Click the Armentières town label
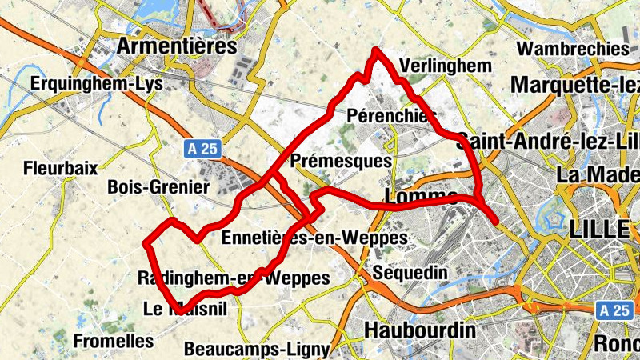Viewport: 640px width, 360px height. coord(177,46)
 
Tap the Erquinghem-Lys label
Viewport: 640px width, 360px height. coord(96,83)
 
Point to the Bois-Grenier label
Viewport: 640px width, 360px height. coord(158,187)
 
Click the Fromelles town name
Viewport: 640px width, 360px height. coord(113,341)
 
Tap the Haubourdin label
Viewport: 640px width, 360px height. coord(419,330)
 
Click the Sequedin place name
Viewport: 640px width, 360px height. coord(410,273)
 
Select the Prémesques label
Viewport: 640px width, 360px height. coord(342,161)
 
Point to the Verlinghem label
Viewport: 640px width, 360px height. coord(443,66)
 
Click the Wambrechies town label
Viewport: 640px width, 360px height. coord(572,49)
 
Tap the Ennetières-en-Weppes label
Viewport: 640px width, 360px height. coord(314,238)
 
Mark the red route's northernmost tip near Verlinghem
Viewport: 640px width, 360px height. coord(375,51)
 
